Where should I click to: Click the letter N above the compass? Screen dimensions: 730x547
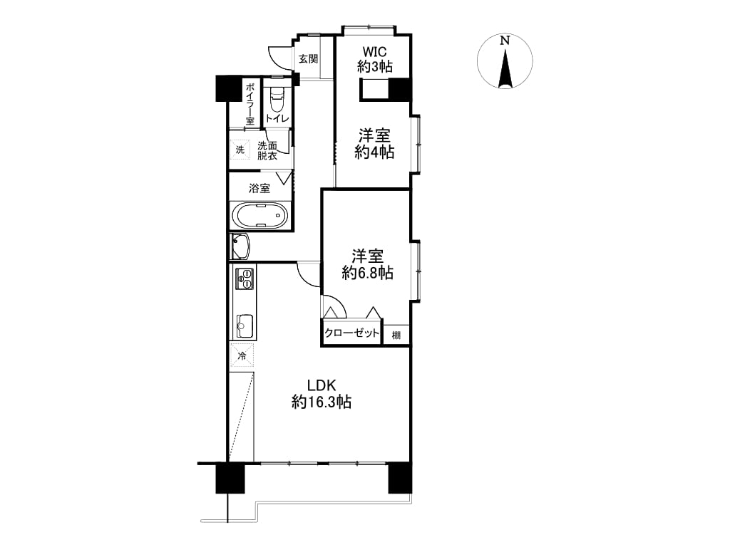tap(505, 41)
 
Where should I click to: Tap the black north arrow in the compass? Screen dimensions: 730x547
tap(505, 68)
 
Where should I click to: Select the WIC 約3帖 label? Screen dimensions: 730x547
tap(375, 59)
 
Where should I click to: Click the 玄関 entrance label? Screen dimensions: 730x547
tap(308, 59)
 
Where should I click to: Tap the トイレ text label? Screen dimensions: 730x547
tap(277, 119)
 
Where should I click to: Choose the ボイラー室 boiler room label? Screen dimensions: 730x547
tap(250, 104)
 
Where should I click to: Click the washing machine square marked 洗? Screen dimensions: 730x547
tap(240, 150)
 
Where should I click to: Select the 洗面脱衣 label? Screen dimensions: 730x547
tap(267, 151)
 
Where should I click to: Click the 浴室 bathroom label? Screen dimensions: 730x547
tap(259, 188)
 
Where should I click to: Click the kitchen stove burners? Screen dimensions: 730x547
tap(245, 278)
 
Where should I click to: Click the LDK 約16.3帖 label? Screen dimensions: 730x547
tap(322, 393)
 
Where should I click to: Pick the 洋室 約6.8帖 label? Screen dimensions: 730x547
tap(367, 264)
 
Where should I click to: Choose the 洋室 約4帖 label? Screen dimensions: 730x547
tap(374, 144)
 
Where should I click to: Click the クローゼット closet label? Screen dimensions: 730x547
tap(352, 333)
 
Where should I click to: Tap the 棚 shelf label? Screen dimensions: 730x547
tap(396, 335)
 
